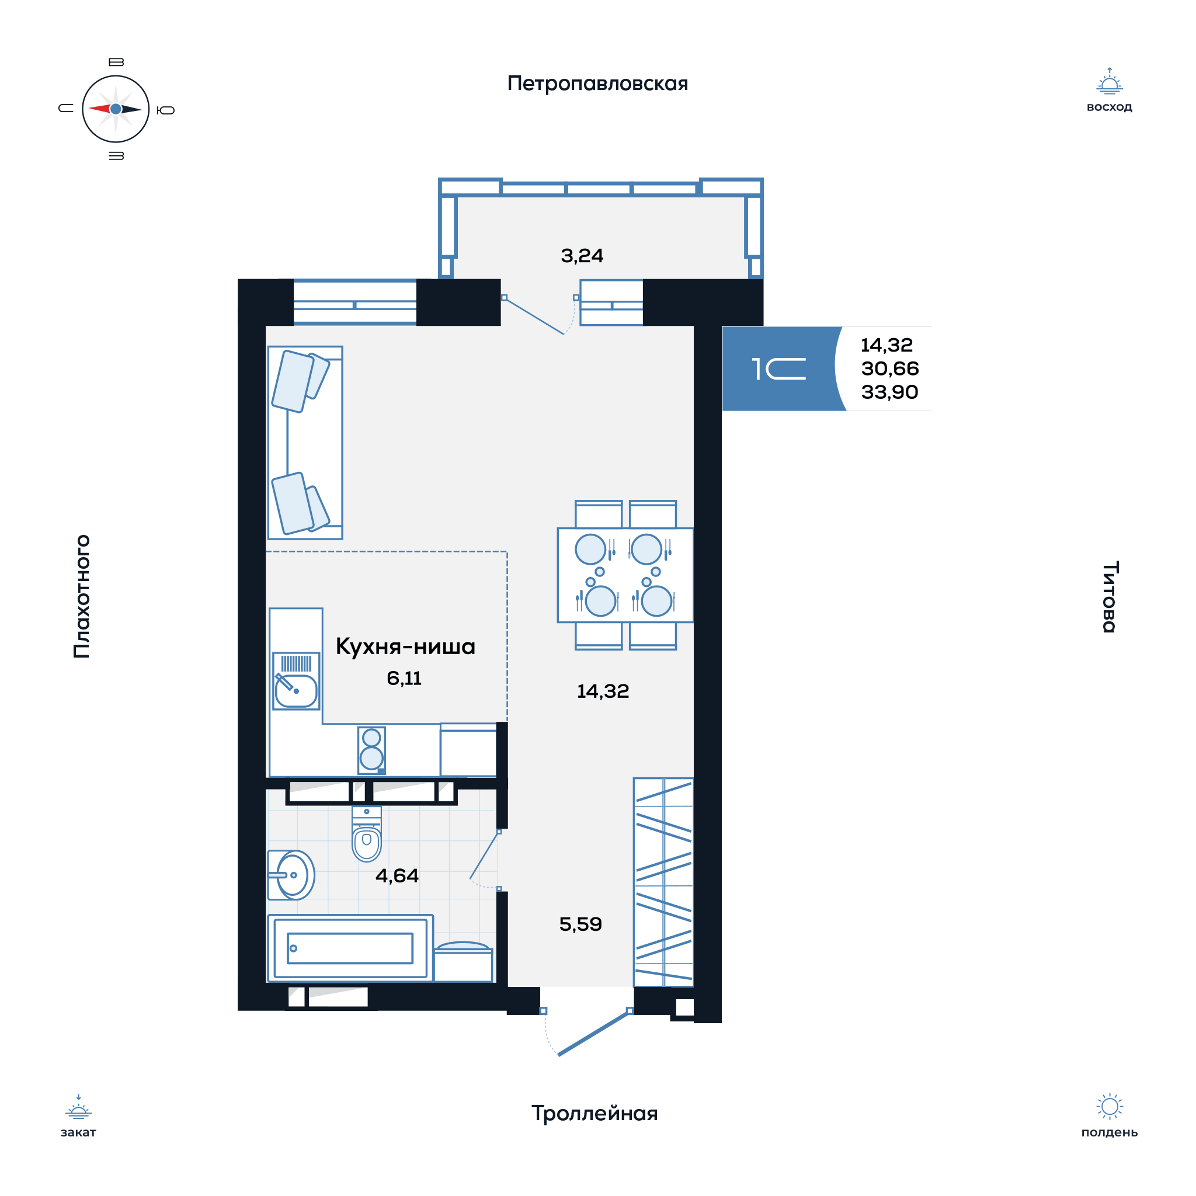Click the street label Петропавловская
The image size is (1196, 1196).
[x=597, y=84]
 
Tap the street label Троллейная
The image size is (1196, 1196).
[x=594, y=1113]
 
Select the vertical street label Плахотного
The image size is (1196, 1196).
[x=82, y=596]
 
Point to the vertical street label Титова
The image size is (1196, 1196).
[x=1110, y=597]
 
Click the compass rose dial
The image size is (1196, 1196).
[x=116, y=109]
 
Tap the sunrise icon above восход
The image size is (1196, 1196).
[x=1110, y=81]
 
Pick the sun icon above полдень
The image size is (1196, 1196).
[x=1110, y=1106]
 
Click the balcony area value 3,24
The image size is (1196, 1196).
[x=582, y=256]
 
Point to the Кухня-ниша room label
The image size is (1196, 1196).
[x=405, y=646]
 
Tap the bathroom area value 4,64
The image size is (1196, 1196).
[x=397, y=875]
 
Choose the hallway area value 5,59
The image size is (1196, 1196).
[x=580, y=924]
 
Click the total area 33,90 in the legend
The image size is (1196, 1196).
[x=889, y=392]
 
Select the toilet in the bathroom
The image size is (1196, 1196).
[x=367, y=833]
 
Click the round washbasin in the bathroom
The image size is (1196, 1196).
[x=291, y=875]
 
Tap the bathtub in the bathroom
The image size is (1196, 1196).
[x=350, y=948]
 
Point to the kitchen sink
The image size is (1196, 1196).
[x=296, y=681]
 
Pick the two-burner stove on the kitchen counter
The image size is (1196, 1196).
[x=371, y=750]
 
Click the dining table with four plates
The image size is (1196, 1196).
[x=625, y=575]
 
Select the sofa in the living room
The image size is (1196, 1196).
[x=305, y=443]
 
